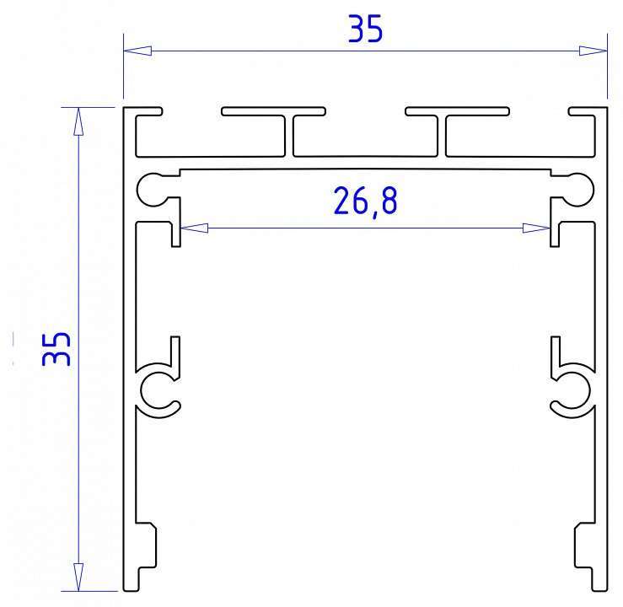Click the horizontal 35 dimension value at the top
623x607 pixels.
pos(366,29)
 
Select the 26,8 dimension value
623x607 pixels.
pos(365,201)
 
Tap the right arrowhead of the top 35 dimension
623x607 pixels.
pos(593,51)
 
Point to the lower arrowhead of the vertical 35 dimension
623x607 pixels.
pos(78,577)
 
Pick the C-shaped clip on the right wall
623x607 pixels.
pos(573,389)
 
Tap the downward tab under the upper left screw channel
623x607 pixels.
pos(175,223)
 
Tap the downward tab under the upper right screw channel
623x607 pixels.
pos(556,223)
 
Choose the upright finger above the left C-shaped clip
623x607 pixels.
pos(175,352)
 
